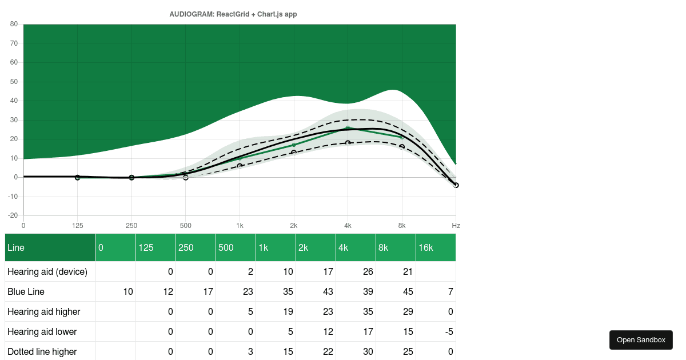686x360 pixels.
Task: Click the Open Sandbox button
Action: coord(641,340)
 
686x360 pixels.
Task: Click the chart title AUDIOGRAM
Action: coord(233,14)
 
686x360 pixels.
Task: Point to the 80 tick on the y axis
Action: coord(14,24)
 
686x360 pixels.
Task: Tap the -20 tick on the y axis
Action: coord(13,216)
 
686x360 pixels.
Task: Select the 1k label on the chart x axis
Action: coord(240,226)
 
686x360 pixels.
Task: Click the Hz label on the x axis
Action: coord(456,226)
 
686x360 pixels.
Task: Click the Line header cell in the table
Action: coord(50,247)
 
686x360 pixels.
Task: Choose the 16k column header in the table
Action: coord(436,247)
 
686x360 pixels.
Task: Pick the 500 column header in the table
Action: coord(236,247)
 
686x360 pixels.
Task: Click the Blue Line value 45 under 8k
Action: coord(407,291)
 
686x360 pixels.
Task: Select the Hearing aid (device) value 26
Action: coord(367,271)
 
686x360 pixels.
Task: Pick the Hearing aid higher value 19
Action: coord(287,311)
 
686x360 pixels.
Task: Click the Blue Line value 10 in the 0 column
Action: coord(127,291)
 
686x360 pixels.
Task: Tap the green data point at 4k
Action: coord(348,128)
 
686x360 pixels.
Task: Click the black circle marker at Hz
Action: coord(456,185)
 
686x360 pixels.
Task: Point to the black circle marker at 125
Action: coord(77,178)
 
